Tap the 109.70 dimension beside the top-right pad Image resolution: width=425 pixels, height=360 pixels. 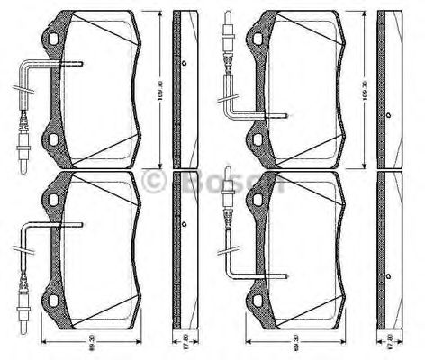pos(366,90)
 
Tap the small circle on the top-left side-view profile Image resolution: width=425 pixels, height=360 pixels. pos(184,63)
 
